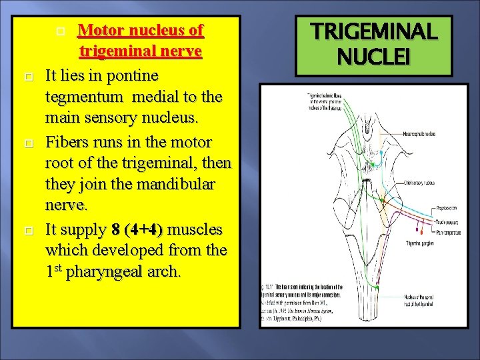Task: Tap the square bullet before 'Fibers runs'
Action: pyautogui.click(x=27, y=143)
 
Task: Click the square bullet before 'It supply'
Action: pyautogui.click(x=27, y=231)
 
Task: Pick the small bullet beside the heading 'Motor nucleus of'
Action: pyautogui.click(x=61, y=31)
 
